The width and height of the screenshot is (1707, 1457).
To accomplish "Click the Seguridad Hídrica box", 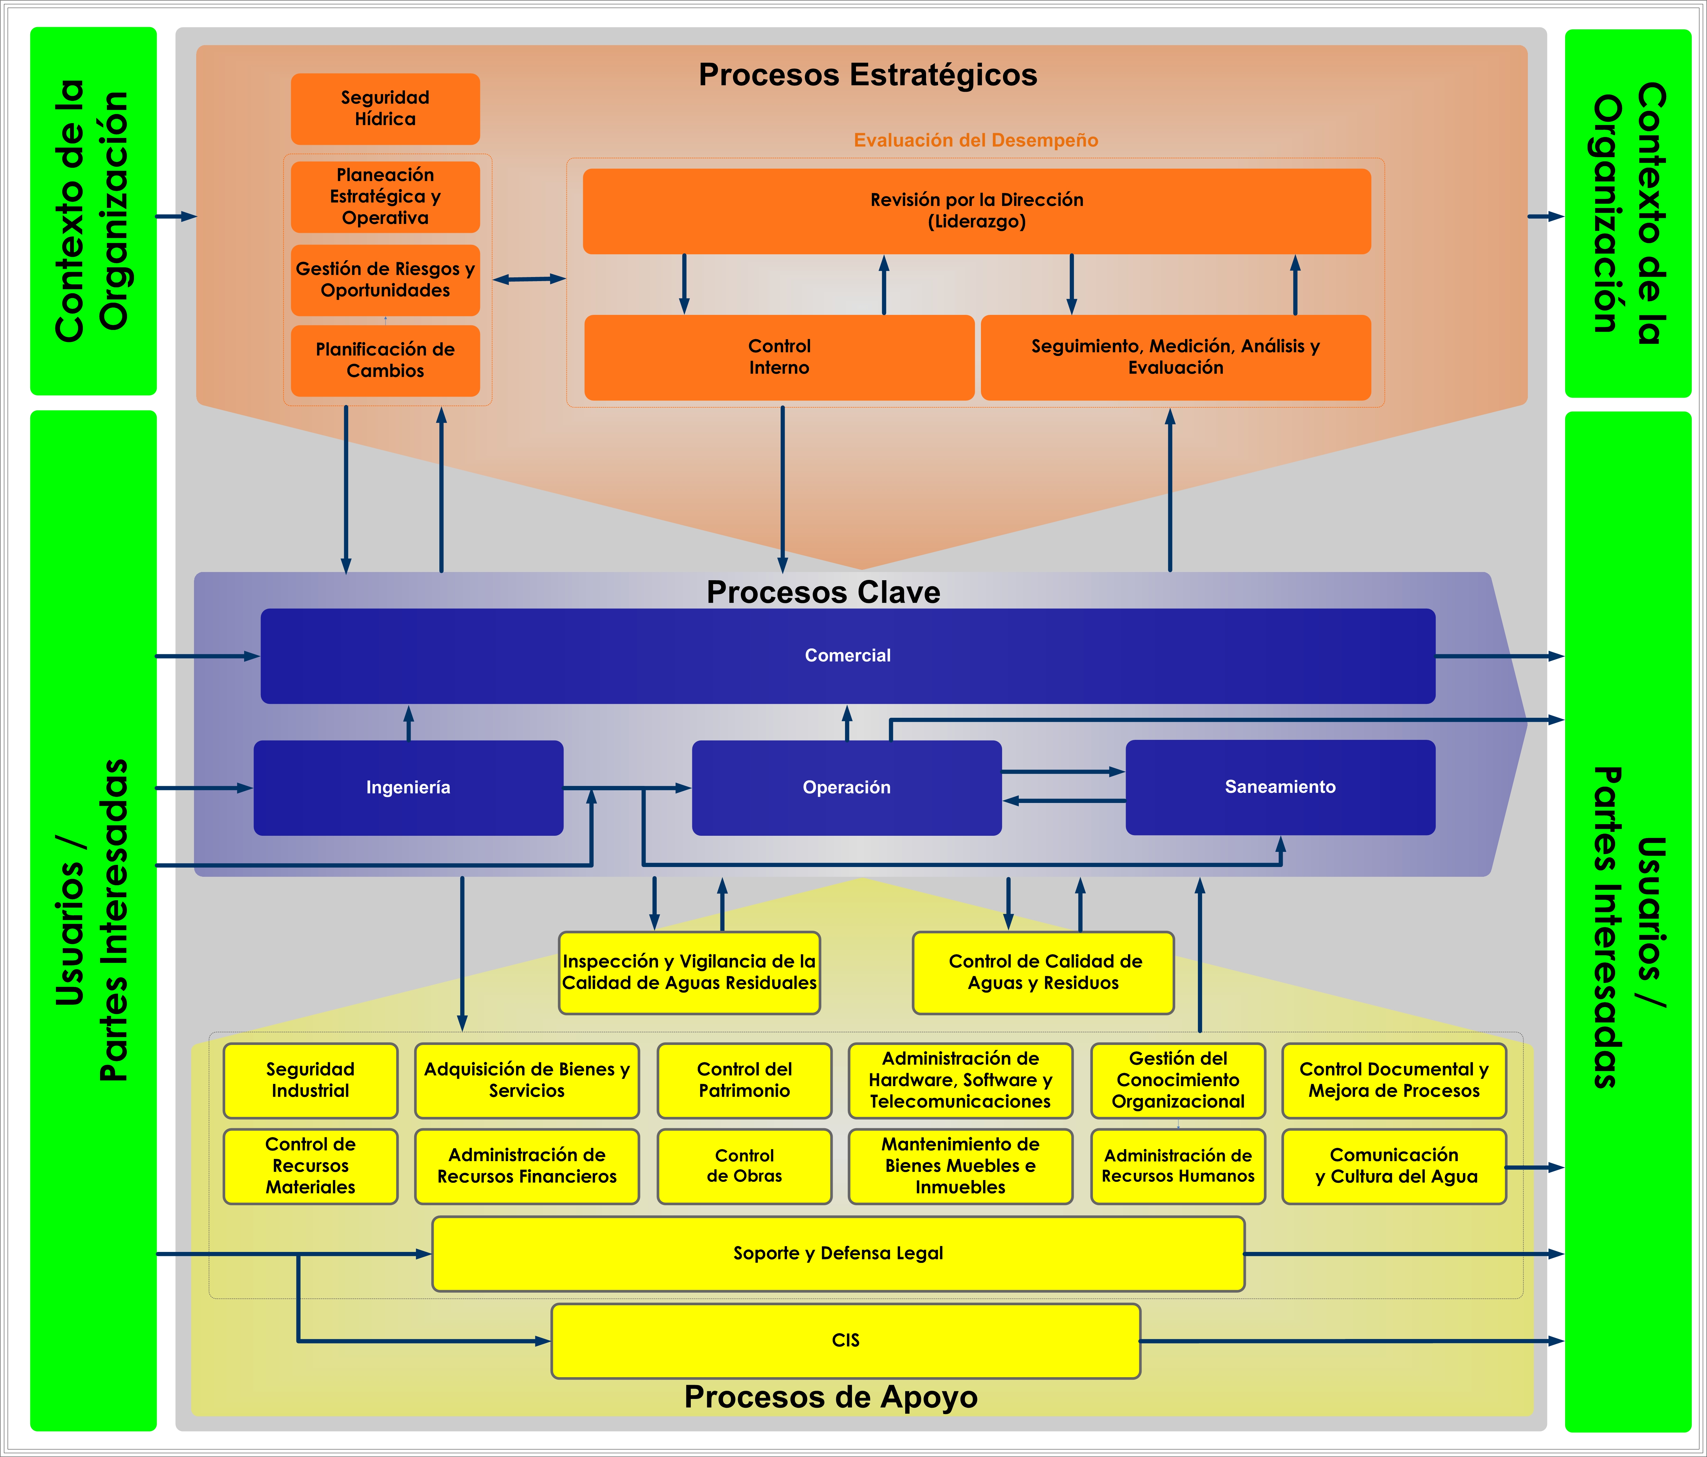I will (385, 109).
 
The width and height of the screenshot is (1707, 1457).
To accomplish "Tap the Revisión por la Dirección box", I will (976, 211).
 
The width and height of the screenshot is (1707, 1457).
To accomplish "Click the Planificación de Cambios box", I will (385, 360).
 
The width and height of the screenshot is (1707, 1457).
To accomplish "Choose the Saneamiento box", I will (1279, 787).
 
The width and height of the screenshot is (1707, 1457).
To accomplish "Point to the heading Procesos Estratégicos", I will (867, 75).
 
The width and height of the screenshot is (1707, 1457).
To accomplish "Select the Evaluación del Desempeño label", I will (976, 140).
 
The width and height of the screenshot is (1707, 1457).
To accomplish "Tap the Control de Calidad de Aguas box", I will (1043, 972).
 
